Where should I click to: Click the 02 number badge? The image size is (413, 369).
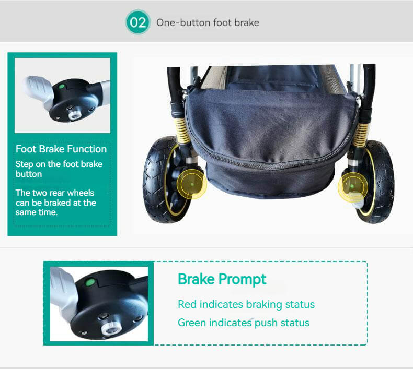pos(137,22)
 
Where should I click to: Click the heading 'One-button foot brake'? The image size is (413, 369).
pos(208,22)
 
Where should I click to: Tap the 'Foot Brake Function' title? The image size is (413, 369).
pos(61,149)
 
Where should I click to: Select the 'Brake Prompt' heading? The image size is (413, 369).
pos(222,279)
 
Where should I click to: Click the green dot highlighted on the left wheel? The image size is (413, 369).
pos(192,184)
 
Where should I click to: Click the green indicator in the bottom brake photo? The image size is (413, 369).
pos(89,283)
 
